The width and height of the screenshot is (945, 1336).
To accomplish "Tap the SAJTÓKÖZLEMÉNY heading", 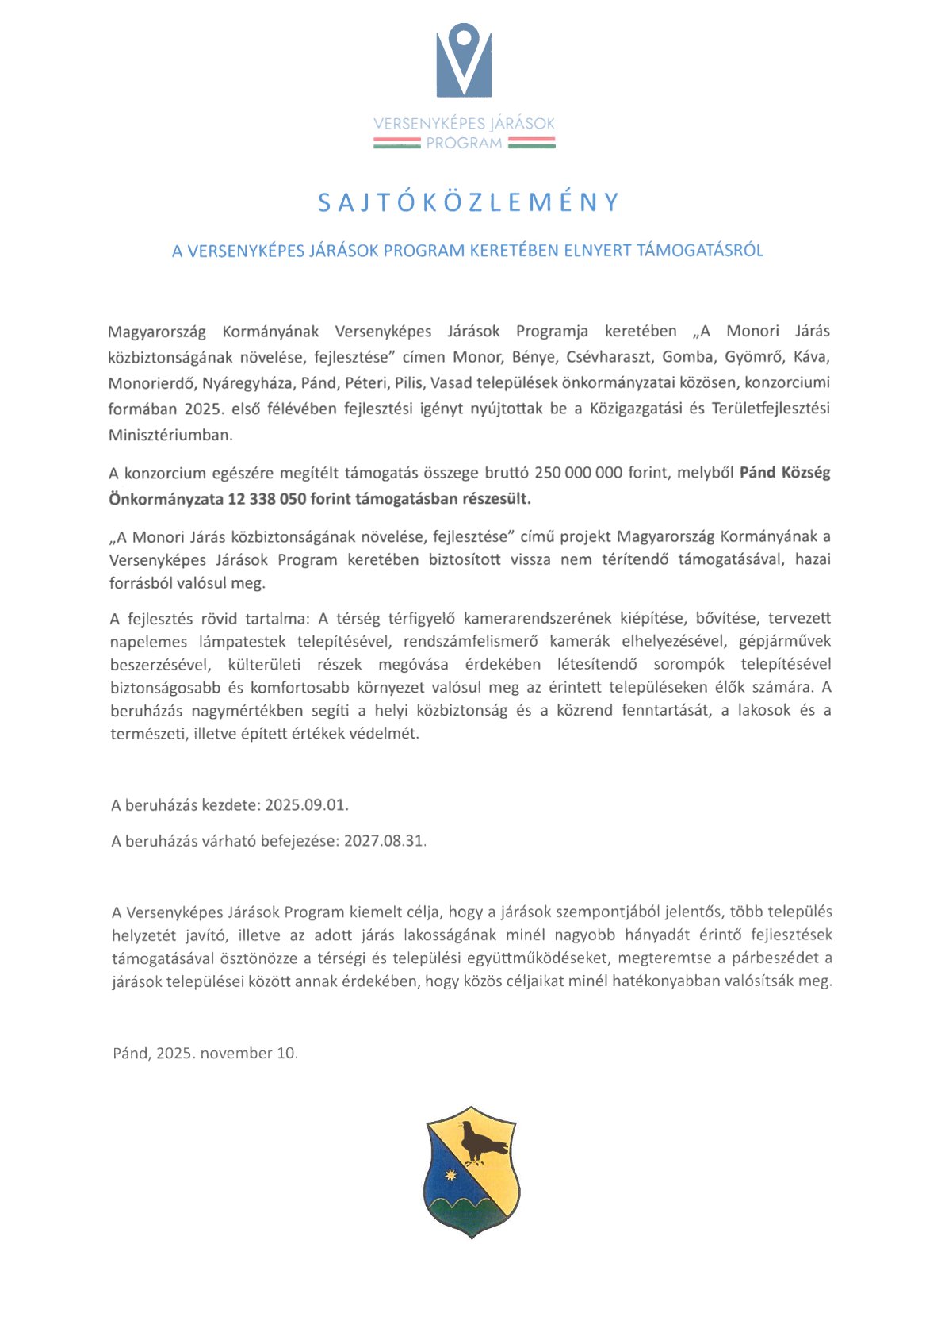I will [x=468, y=203].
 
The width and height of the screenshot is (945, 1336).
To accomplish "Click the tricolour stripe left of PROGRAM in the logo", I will [x=397, y=143].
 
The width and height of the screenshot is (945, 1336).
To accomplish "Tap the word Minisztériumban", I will [x=170, y=435].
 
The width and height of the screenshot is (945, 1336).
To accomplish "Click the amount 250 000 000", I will [x=578, y=473].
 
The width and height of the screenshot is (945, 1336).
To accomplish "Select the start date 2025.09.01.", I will [x=306, y=804].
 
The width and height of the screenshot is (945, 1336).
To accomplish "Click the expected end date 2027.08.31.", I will [x=384, y=840].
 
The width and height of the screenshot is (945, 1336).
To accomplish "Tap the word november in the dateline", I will [x=235, y=1053].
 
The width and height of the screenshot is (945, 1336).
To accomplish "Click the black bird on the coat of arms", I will [x=479, y=1143].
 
